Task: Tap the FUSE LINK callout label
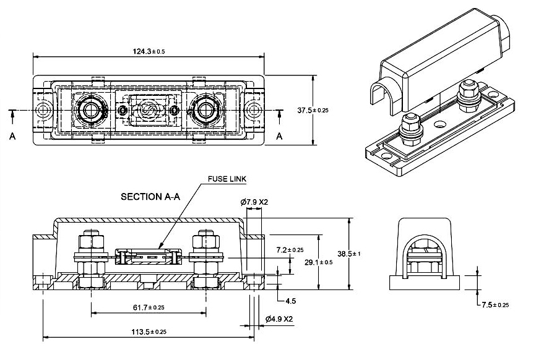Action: click(227, 179)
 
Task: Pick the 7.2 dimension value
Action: click(290, 250)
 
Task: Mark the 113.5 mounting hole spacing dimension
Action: click(149, 332)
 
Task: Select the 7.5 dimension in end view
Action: click(495, 305)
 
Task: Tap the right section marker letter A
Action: click(280, 135)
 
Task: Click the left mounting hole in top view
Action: click(43, 111)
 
